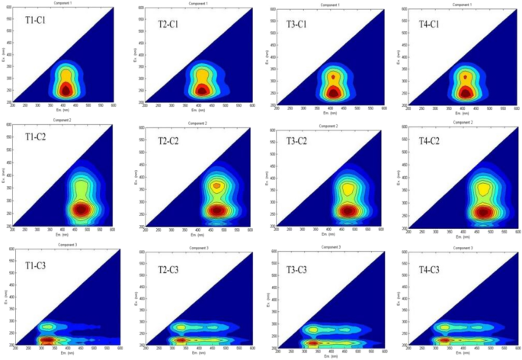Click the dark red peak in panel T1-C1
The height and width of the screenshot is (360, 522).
(x=65, y=90)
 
